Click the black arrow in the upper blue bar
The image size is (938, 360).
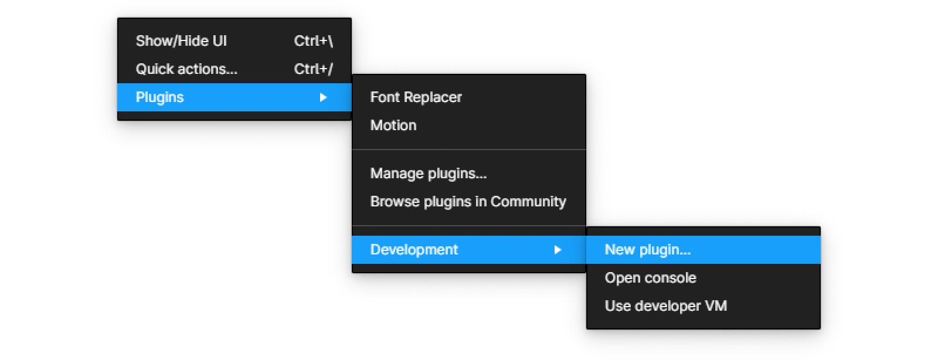322,97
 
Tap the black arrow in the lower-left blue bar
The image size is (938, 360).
557,250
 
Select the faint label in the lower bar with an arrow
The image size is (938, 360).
414,251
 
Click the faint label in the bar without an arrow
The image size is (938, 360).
645,251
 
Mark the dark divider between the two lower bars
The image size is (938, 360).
586,250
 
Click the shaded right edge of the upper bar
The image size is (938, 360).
349,97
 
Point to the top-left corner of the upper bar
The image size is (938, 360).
118,84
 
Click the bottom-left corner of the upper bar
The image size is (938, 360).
118,110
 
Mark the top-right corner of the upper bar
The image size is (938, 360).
351,84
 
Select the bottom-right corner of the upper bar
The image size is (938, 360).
351,110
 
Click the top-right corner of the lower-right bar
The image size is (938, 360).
820,236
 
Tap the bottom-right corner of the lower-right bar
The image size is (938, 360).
820,263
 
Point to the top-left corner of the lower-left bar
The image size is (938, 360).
352,236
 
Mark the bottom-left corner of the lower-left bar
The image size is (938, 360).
352,263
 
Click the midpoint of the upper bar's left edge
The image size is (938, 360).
118,97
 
